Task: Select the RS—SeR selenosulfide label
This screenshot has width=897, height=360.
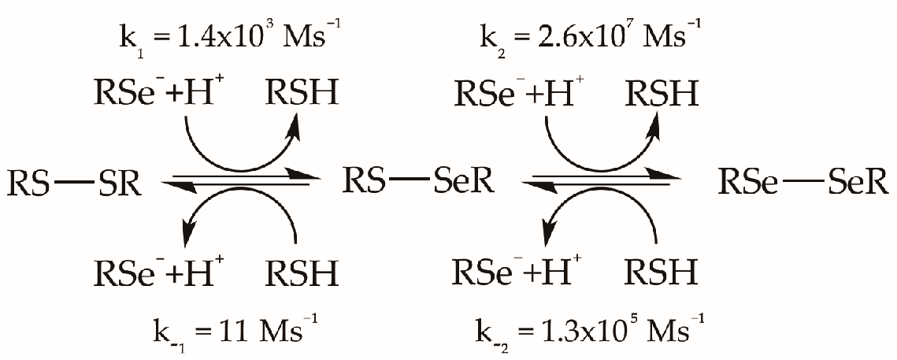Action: click(417, 183)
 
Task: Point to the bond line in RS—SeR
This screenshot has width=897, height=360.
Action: click(410, 183)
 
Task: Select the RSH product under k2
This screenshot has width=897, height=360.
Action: click(662, 95)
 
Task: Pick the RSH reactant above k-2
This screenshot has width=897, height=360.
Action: click(662, 273)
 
